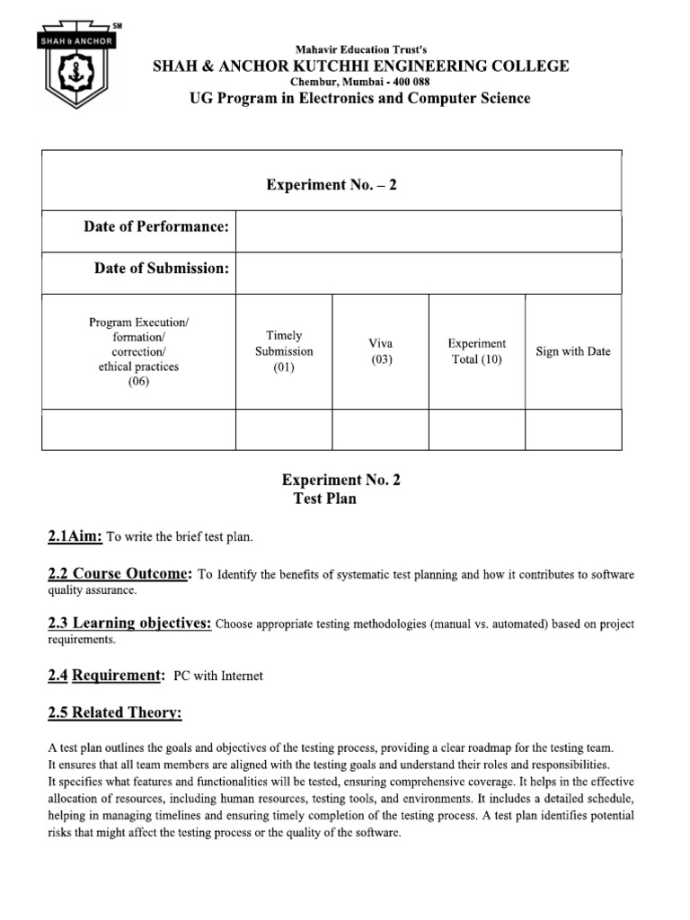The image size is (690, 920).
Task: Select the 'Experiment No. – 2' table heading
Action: (332, 184)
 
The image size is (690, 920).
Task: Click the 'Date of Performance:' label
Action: (156, 226)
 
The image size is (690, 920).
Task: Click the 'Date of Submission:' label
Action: (162, 269)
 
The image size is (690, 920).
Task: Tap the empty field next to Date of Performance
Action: (428, 231)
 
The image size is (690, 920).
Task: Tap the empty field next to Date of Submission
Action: (428, 273)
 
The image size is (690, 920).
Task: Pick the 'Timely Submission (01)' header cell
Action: (284, 351)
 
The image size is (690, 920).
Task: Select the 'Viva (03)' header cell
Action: (381, 351)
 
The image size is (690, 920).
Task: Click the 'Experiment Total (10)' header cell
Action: (477, 351)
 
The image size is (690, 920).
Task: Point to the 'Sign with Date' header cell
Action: (572, 351)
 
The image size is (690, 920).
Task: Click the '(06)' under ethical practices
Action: (138, 381)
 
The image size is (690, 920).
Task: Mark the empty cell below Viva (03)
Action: (381, 429)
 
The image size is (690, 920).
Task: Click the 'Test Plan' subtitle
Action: (324, 499)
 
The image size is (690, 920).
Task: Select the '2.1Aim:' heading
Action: (75, 536)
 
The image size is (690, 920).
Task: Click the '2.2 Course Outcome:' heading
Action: (119, 574)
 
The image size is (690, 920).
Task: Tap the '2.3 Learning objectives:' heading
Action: (129, 624)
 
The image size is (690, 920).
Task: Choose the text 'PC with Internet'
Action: (217, 676)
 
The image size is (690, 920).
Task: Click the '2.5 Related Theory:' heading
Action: (114, 713)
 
